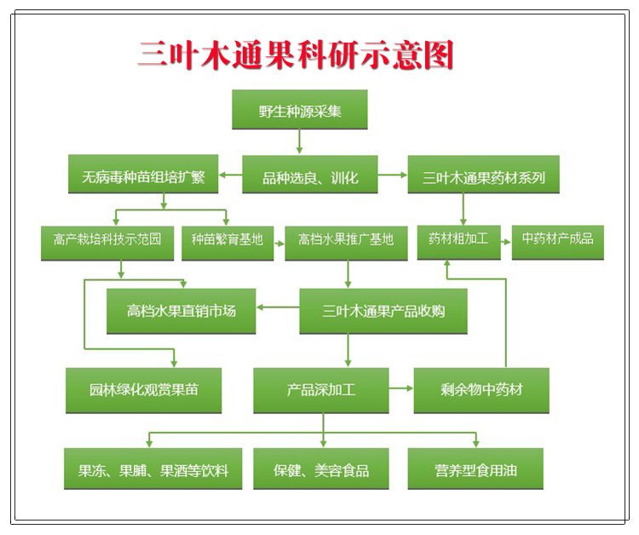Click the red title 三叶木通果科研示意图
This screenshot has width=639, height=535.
click(x=295, y=55)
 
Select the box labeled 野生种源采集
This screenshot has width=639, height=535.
click(x=300, y=110)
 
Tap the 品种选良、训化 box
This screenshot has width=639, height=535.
click(x=310, y=175)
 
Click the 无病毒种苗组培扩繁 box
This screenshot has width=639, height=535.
click(x=143, y=174)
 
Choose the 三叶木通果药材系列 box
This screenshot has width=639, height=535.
click(x=483, y=175)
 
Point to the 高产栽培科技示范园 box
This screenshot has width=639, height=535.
click(x=107, y=244)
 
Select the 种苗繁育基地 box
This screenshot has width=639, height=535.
click(x=227, y=244)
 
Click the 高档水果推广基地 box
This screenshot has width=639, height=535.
click(x=346, y=244)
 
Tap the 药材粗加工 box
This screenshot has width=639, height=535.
click(x=458, y=243)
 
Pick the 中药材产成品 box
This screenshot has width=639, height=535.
click(x=557, y=243)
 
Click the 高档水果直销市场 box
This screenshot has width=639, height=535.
click(x=181, y=311)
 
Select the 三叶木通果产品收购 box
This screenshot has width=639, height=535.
click(x=383, y=311)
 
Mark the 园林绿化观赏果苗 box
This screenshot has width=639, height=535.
click(x=143, y=390)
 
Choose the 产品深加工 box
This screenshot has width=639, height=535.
click(x=320, y=390)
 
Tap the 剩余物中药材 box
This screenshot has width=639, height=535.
click(x=481, y=390)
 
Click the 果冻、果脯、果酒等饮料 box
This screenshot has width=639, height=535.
click(x=153, y=469)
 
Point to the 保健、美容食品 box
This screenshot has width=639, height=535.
click(x=320, y=469)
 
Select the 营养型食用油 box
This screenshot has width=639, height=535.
click(x=475, y=469)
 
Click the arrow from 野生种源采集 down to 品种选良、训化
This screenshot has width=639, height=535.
click(x=300, y=141)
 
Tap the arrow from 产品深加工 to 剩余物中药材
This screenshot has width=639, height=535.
click(x=401, y=388)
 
